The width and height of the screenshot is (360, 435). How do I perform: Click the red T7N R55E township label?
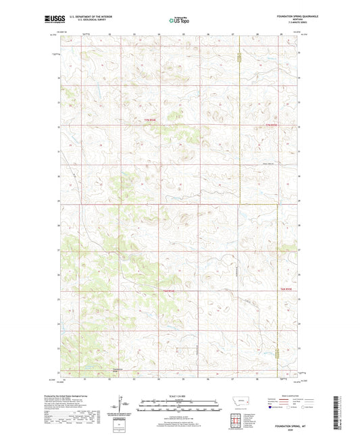272,125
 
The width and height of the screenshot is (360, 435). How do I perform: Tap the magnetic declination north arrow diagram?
124,406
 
